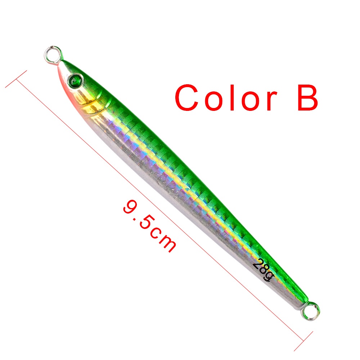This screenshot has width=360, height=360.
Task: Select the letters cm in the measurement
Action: [x=164, y=241]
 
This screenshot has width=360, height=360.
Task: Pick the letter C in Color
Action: [x=188, y=98]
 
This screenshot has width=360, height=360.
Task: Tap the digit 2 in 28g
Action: [x=256, y=264]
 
